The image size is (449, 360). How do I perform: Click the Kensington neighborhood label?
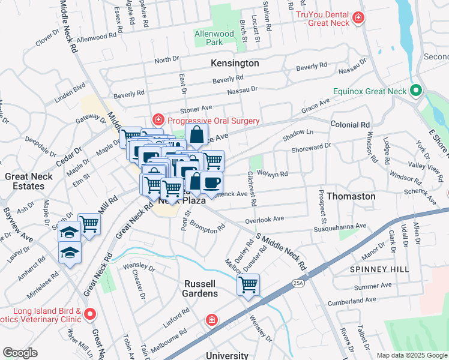pos(235,63)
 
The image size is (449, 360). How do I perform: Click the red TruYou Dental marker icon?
pos(358,18)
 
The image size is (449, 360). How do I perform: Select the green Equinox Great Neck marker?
pos(415,92)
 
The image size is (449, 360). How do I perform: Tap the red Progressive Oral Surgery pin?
pos(158,120)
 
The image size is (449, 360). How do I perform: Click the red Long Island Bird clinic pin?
pos(90,314)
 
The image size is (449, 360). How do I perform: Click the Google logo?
pos(20,353)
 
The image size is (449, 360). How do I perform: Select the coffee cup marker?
pos(211,182)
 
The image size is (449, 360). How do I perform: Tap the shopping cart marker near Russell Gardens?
pos(248,284)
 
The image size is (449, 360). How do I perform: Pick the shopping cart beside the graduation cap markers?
pos(89,224)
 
